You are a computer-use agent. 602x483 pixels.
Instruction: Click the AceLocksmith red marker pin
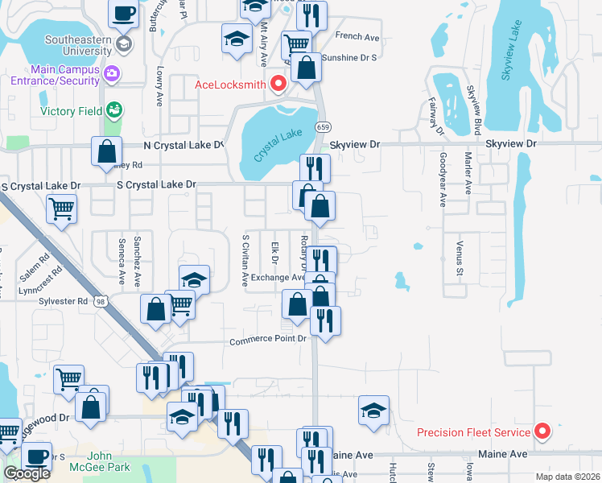point(278,83)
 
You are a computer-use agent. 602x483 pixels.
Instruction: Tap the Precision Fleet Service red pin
point(542,431)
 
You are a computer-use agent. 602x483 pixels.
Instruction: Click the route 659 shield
point(323,126)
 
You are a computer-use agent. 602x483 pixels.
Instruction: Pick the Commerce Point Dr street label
point(268,340)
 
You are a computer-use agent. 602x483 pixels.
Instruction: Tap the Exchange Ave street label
point(277,278)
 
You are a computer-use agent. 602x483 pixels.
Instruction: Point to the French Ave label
point(357,36)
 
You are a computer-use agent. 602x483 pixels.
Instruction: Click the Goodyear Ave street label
point(443,180)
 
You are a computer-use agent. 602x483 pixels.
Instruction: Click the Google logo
point(27,473)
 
